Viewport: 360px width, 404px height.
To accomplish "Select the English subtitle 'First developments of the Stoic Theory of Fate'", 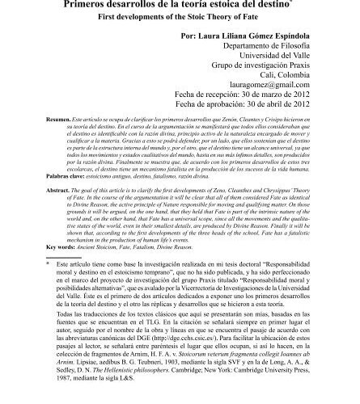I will [x=180, y=17].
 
